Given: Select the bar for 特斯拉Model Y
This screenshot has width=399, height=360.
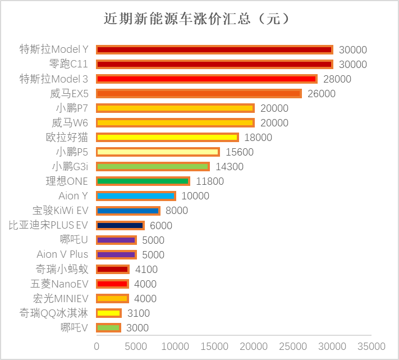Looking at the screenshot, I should [214, 50].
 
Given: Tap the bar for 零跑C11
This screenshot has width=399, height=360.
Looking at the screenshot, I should [214, 65].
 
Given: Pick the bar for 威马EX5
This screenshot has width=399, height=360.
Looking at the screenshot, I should [199, 94].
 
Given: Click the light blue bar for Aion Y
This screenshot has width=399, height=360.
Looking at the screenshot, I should [136, 196].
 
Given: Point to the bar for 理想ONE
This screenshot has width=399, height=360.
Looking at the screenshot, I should [143, 181].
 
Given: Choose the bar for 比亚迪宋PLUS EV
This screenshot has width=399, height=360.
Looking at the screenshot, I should [120, 225].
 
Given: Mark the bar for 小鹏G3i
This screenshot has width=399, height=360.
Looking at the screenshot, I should [153, 167].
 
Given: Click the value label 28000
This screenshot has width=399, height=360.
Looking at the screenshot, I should [337, 79].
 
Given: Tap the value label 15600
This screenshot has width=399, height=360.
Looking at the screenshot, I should [240, 152].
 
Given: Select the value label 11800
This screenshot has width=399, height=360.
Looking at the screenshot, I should [210, 181].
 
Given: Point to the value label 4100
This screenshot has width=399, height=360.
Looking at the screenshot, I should [146, 270].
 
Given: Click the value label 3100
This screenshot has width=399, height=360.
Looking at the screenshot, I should [139, 313].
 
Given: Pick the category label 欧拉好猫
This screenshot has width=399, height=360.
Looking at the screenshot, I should [67, 138].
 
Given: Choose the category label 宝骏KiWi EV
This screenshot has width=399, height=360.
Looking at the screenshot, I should [61, 211].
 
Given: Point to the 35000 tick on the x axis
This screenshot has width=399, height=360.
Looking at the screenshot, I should [372, 346].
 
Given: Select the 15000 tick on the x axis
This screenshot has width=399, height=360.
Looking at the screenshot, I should [214, 346].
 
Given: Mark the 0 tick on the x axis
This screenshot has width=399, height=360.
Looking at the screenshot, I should [97, 346].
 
